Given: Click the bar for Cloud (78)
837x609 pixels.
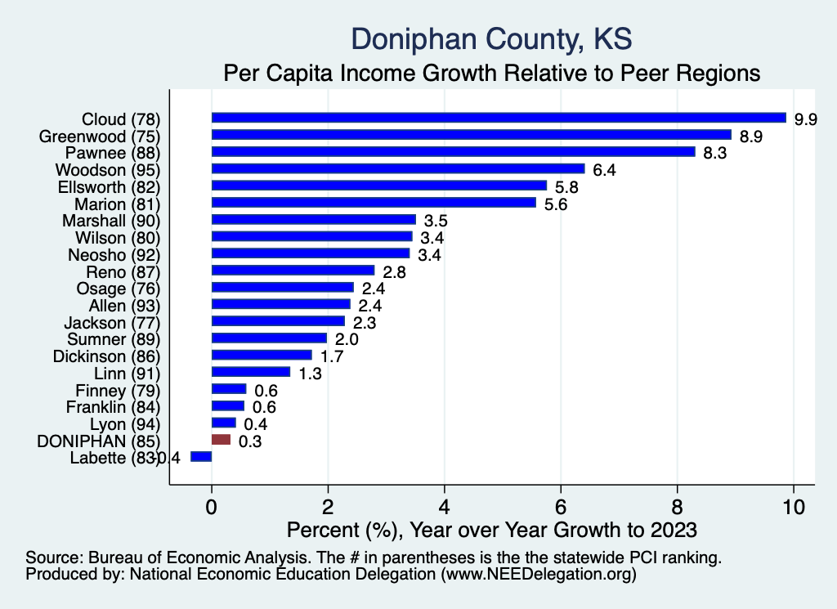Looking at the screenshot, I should pyautogui.click(x=499, y=118).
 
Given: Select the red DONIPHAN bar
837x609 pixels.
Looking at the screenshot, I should pyautogui.click(x=222, y=440).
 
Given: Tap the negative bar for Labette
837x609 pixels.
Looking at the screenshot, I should pyautogui.click(x=201, y=457).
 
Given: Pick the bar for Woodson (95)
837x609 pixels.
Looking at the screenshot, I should pyautogui.click(x=398, y=168).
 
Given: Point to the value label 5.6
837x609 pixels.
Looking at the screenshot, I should pyautogui.click(x=557, y=204).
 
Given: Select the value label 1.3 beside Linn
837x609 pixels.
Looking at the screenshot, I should pyautogui.click(x=311, y=374).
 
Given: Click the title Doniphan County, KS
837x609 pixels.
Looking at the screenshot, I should pyautogui.click(x=491, y=38).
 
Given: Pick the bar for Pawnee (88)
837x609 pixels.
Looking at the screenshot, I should pyautogui.click(x=453, y=152).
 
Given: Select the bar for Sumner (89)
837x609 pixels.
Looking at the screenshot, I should pyautogui.click(x=269, y=338).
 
